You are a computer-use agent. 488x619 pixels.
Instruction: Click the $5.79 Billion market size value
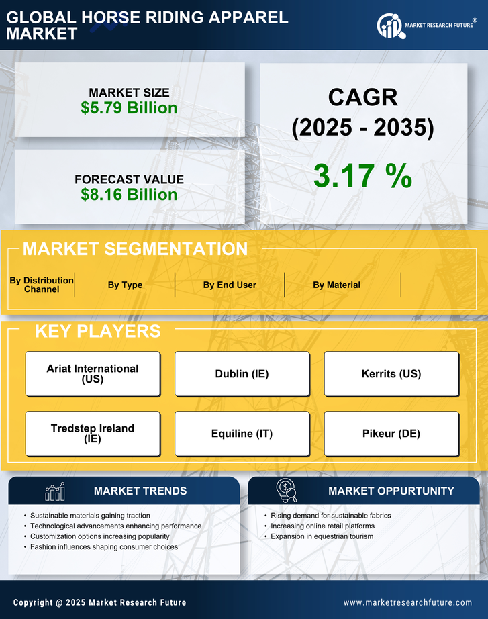(129, 108)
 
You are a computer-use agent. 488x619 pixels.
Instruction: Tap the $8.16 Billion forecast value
(129, 195)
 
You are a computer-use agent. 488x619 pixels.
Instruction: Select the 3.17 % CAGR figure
(362, 176)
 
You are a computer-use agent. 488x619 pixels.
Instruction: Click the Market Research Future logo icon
(389, 26)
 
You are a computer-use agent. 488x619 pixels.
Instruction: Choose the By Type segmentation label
(125, 285)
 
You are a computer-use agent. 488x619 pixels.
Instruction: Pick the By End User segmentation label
(230, 285)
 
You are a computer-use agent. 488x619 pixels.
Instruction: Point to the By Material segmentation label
(336, 285)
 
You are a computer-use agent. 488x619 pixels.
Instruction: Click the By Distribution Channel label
(42, 285)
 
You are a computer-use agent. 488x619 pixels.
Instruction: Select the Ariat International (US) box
(93, 374)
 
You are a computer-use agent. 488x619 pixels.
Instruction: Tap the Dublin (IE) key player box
(242, 374)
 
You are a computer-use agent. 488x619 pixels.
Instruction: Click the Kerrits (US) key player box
(391, 374)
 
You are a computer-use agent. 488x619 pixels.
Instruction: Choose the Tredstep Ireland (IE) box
(93, 434)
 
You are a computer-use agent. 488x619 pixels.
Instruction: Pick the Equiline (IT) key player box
(242, 434)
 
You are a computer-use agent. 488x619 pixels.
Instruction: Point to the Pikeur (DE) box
(391, 434)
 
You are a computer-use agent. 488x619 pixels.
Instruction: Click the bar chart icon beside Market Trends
(54, 491)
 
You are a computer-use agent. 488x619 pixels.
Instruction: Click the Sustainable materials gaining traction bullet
(90, 516)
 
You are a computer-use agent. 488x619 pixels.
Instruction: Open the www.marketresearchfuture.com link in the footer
(407, 602)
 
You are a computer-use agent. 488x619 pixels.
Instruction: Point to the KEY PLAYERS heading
(97, 331)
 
